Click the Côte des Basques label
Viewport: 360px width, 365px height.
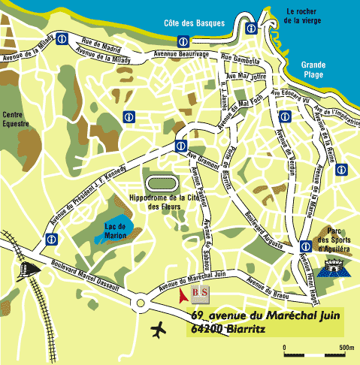[x=194, y=23]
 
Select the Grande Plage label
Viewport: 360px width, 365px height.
[x=310, y=70]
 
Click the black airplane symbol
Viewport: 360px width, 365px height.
[x=160, y=328]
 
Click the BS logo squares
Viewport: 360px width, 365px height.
[x=199, y=293]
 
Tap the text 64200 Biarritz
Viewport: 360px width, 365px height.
[x=234, y=328]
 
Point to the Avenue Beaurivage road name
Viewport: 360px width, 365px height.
[x=180, y=55]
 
